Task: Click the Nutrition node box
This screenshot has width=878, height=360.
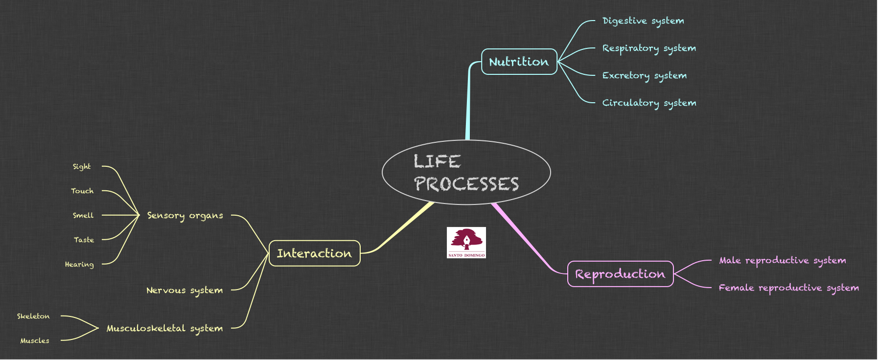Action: [519, 62]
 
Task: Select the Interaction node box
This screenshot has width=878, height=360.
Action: [314, 253]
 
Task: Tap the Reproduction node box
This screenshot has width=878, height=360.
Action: [620, 274]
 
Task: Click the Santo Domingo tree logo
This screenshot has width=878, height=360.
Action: [466, 242]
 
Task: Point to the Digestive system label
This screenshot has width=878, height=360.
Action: [643, 21]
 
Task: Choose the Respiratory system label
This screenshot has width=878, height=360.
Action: [649, 48]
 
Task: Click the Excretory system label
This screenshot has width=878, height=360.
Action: [644, 76]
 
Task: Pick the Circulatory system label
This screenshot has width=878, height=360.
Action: [649, 103]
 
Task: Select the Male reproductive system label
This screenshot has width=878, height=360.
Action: [782, 261]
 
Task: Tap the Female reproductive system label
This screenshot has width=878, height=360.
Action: [788, 288]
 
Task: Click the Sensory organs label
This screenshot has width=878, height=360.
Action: [185, 216]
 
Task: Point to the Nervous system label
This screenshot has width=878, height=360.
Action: [185, 291]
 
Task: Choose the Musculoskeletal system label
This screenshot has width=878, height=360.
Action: [164, 329]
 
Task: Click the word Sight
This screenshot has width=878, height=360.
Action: [82, 167]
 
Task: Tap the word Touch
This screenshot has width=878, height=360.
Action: [82, 191]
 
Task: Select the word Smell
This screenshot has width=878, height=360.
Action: [83, 216]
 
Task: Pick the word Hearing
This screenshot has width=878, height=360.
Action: [79, 265]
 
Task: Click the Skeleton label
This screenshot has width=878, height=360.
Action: [33, 316]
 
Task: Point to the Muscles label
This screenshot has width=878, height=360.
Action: [35, 341]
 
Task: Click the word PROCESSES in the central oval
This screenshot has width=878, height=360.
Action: [466, 184]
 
